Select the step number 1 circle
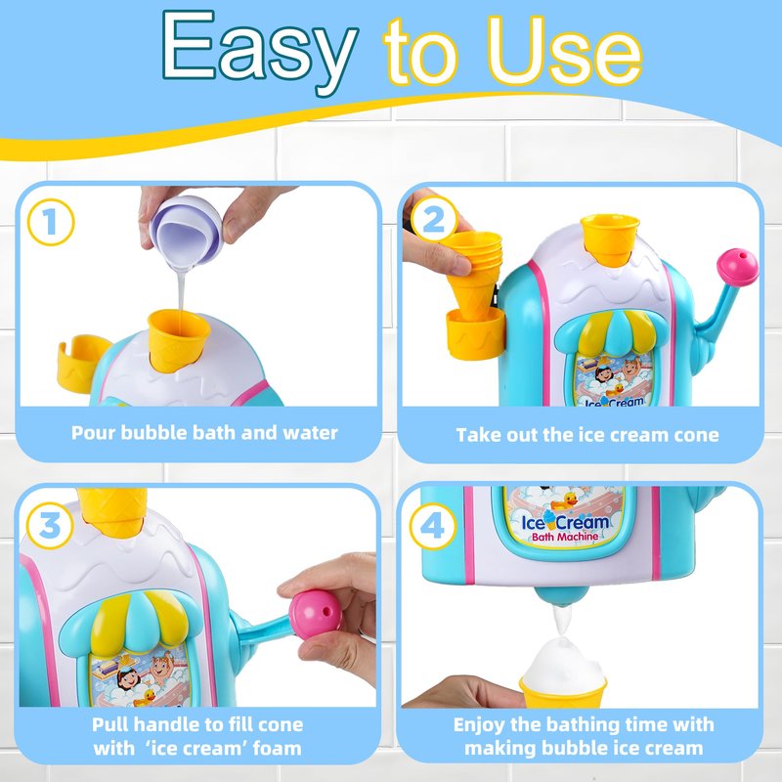[x=51, y=223]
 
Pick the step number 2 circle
[x=433, y=219]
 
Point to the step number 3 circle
[x=50, y=526]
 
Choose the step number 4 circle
[x=433, y=526]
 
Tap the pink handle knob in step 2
[x=738, y=267]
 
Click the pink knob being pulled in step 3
[x=316, y=613]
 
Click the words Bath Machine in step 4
[x=565, y=537]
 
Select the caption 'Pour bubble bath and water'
[x=204, y=433]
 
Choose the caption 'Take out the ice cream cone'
[x=587, y=435]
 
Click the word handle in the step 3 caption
[x=168, y=723]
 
